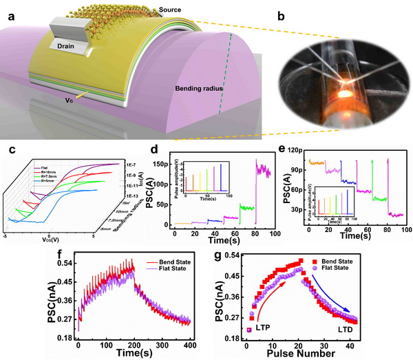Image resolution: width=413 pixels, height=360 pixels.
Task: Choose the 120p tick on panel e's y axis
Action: pos(298,149)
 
